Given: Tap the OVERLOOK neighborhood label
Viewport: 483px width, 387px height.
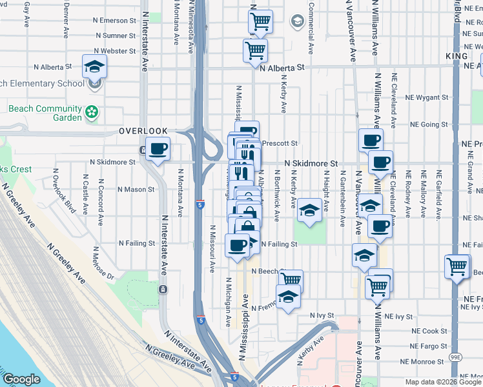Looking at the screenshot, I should tap(143, 131).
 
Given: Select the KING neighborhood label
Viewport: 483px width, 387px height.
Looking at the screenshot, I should tap(457, 57).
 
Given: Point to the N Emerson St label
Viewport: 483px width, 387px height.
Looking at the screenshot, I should tap(115, 21).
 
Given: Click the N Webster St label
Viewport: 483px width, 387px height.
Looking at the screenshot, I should tap(115, 51).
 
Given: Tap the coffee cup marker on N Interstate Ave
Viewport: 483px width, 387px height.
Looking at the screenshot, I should tap(158, 150).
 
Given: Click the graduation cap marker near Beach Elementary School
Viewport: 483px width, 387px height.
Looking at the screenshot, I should tap(94, 67).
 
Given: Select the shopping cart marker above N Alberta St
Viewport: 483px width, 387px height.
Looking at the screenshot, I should tap(256, 50).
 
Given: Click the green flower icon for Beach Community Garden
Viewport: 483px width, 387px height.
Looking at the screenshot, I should tap(92, 113).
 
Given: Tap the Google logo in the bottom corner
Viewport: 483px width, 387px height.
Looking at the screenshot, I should tap(21, 379).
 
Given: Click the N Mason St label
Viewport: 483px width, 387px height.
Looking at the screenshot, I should tap(136, 190).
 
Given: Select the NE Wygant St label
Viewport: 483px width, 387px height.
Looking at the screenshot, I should tap(426, 97).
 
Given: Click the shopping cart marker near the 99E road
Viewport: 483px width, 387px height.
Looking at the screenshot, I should tap(457, 266).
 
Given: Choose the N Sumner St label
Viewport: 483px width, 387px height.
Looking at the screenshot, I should tap(115, 36).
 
